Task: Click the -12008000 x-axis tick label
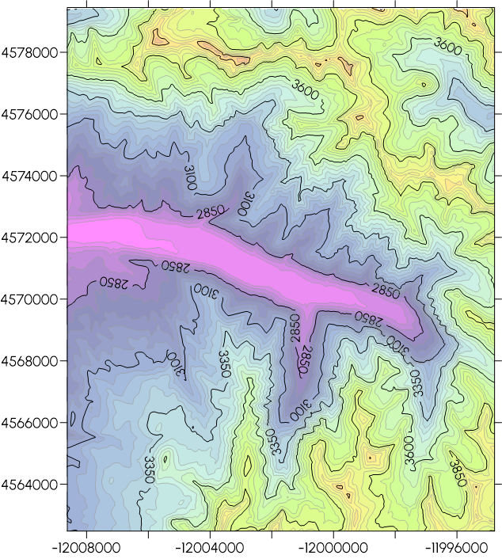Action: pyautogui.click(x=87, y=547)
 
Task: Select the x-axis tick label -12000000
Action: pyautogui.click(x=333, y=547)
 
